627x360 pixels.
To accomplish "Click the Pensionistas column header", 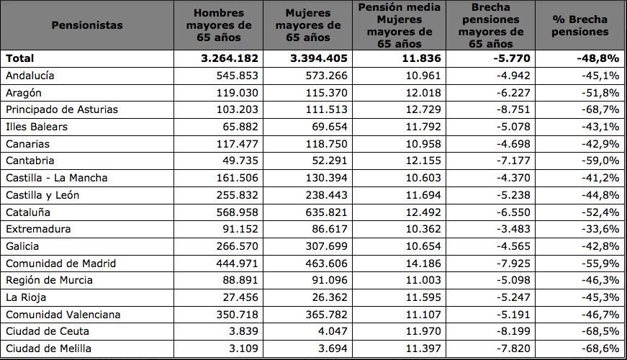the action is point(87,25).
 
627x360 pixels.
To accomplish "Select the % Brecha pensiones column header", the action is point(579,25).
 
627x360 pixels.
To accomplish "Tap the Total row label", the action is point(19,58).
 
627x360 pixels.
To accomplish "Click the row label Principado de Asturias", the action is point(62,109).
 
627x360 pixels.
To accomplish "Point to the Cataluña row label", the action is point(27,212).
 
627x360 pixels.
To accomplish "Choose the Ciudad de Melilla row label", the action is point(48,348).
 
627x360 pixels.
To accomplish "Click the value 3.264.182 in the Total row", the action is point(230,58).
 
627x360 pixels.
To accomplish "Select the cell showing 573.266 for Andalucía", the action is point(327,76).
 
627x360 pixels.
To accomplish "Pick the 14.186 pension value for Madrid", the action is point(423,264).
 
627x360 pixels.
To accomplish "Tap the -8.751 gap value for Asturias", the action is point(513,109).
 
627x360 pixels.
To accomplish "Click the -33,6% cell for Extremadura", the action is point(600,229).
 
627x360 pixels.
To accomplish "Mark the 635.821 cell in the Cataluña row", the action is point(327,212).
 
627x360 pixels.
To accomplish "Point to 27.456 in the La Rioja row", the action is point(240,297).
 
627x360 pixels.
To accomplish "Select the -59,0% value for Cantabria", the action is point(600,161).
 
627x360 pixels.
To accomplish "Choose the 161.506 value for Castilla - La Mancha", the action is point(238,178).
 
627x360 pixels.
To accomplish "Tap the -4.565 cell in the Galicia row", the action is point(513,246).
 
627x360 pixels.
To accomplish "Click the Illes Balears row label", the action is point(37,127).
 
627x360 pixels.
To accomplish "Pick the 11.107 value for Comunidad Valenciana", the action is point(423,315).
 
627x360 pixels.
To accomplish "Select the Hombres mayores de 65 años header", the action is point(219,25).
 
